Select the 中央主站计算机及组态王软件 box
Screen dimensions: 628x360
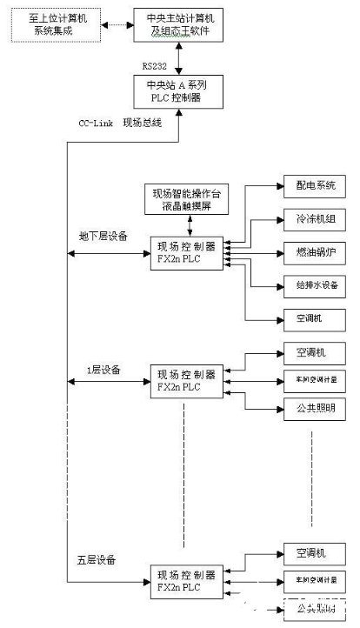[178, 26]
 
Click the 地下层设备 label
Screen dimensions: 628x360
[103, 235]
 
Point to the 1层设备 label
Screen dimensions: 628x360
[103, 369]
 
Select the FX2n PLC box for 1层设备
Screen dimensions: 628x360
[184, 381]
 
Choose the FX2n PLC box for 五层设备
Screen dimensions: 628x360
[184, 581]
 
